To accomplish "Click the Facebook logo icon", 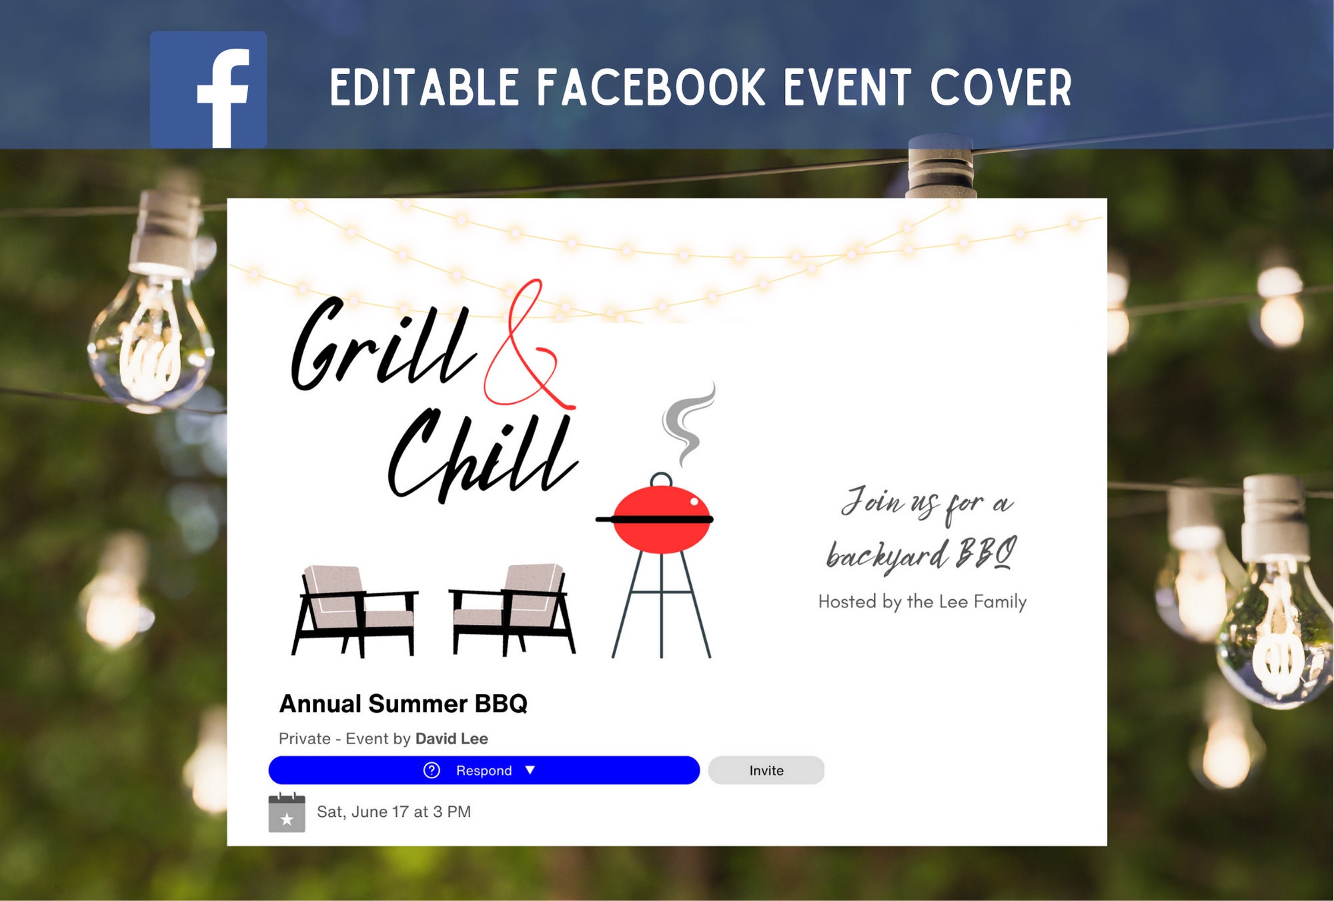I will point(208,89).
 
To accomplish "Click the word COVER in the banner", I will point(1000,87).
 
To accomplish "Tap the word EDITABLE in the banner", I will point(424,87).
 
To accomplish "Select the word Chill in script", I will point(480,457).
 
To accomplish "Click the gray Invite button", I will point(766,770).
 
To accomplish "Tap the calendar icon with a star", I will point(287,813).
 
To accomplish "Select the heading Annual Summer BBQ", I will point(403,704).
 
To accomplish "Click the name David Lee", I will point(452,739).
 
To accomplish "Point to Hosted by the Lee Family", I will point(922,602).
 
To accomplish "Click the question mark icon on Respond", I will point(432,770).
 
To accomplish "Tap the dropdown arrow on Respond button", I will point(530,770).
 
